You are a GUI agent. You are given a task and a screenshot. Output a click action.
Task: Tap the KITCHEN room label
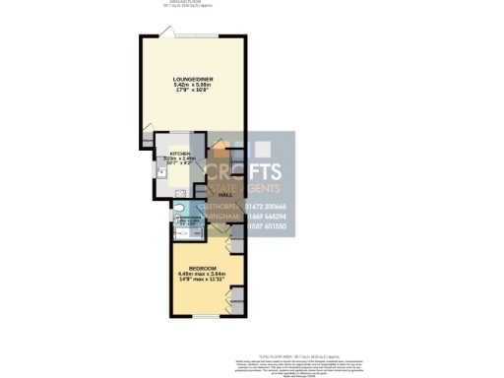[180, 155]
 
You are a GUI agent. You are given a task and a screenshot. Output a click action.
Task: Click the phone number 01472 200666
[263, 205]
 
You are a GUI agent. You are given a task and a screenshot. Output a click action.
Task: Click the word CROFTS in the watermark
[243, 171]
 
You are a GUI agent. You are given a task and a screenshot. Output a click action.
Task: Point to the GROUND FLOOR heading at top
[174, 3]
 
